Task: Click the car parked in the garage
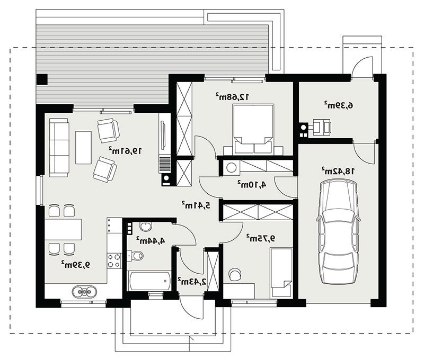339,232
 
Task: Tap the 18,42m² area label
338,170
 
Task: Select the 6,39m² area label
339,105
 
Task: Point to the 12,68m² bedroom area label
232,97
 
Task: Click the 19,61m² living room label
125,151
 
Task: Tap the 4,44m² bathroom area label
151,240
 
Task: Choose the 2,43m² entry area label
192,282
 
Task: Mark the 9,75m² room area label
261,238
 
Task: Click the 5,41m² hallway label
196,205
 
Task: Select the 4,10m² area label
252,185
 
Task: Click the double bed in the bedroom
253,129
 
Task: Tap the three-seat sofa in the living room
59,148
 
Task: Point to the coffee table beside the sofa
83,148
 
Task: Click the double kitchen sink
85,291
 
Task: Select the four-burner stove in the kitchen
114,260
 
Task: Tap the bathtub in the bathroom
150,281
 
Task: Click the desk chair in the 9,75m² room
235,274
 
